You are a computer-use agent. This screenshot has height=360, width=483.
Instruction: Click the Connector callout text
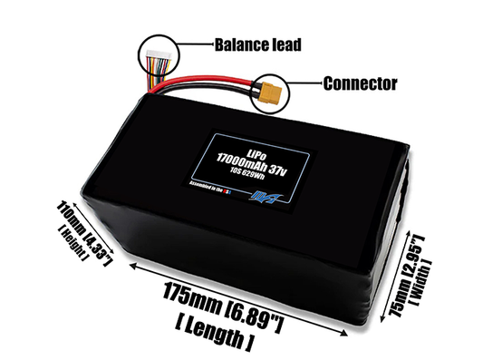[360, 83]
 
